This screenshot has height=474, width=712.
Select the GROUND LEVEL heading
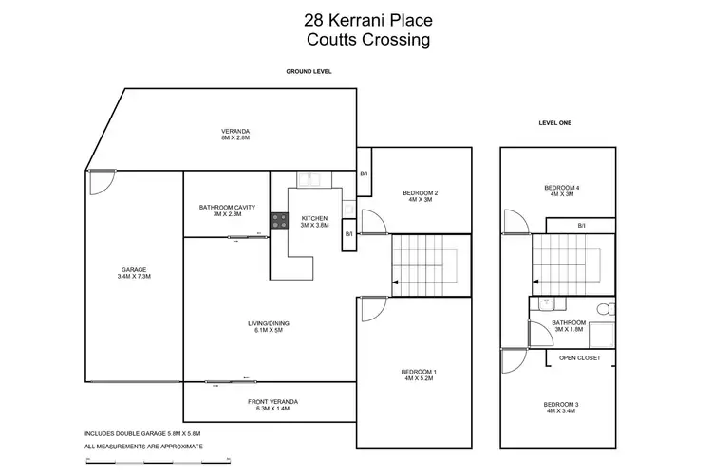click(x=309, y=72)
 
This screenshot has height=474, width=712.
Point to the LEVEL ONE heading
click(x=555, y=123)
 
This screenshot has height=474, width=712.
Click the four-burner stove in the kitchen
click(x=280, y=221)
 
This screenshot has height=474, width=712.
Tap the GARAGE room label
click(x=133, y=271)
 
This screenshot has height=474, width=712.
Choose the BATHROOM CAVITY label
click(x=227, y=210)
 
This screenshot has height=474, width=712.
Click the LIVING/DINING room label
click(x=269, y=327)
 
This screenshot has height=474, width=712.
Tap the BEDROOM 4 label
click(x=561, y=191)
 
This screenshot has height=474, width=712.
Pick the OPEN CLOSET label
click(x=582, y=358)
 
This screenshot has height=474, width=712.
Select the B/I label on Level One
click(x=582, y=225)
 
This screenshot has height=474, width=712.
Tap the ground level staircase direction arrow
click(x=395, y=283)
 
